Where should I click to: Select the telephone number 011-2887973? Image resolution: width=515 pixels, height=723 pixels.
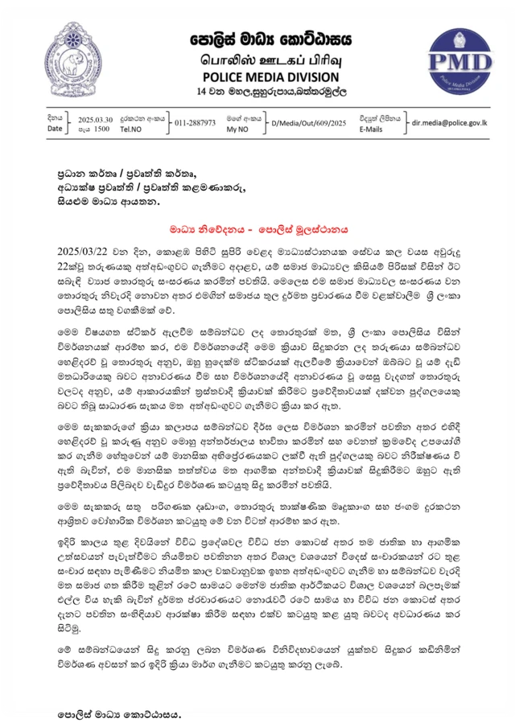click(x=195, y=123)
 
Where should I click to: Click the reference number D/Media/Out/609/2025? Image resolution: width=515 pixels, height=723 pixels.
click(x=309, y=123)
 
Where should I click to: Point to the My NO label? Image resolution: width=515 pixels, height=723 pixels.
click(x=237, y=129)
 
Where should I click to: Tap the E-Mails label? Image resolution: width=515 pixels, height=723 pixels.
click(x=371, y=129)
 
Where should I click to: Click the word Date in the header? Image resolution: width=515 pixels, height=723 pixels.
click(x=54, y=129)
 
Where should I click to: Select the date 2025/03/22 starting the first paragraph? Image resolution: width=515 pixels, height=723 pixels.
click(x=84, y=250)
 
